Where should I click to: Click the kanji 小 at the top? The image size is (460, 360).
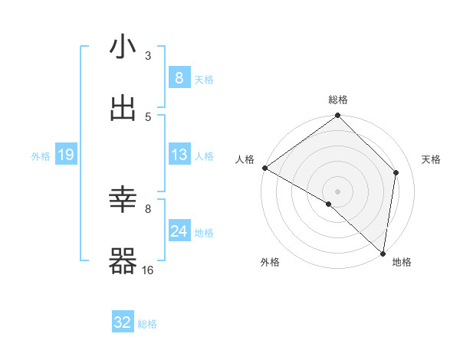123,48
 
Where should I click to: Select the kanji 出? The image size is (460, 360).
123,109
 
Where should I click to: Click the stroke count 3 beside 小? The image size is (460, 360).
148,55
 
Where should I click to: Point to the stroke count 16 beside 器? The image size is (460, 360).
148,270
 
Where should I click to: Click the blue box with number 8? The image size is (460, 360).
179,77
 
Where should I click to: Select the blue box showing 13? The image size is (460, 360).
179,155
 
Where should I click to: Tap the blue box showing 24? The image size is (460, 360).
179,231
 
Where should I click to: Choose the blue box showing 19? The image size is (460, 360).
66,155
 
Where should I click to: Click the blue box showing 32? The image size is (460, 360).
123,322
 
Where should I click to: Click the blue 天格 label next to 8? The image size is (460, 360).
204,79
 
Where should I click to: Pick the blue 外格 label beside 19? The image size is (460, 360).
41,155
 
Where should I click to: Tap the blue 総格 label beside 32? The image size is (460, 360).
147,324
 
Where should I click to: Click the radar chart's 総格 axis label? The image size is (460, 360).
338,100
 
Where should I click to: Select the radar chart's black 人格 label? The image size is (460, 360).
245,159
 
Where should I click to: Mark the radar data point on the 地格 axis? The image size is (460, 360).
383,253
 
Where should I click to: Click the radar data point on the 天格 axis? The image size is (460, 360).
396,172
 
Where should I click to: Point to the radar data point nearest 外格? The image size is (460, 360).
328,204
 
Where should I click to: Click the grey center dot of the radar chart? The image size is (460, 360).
338,191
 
